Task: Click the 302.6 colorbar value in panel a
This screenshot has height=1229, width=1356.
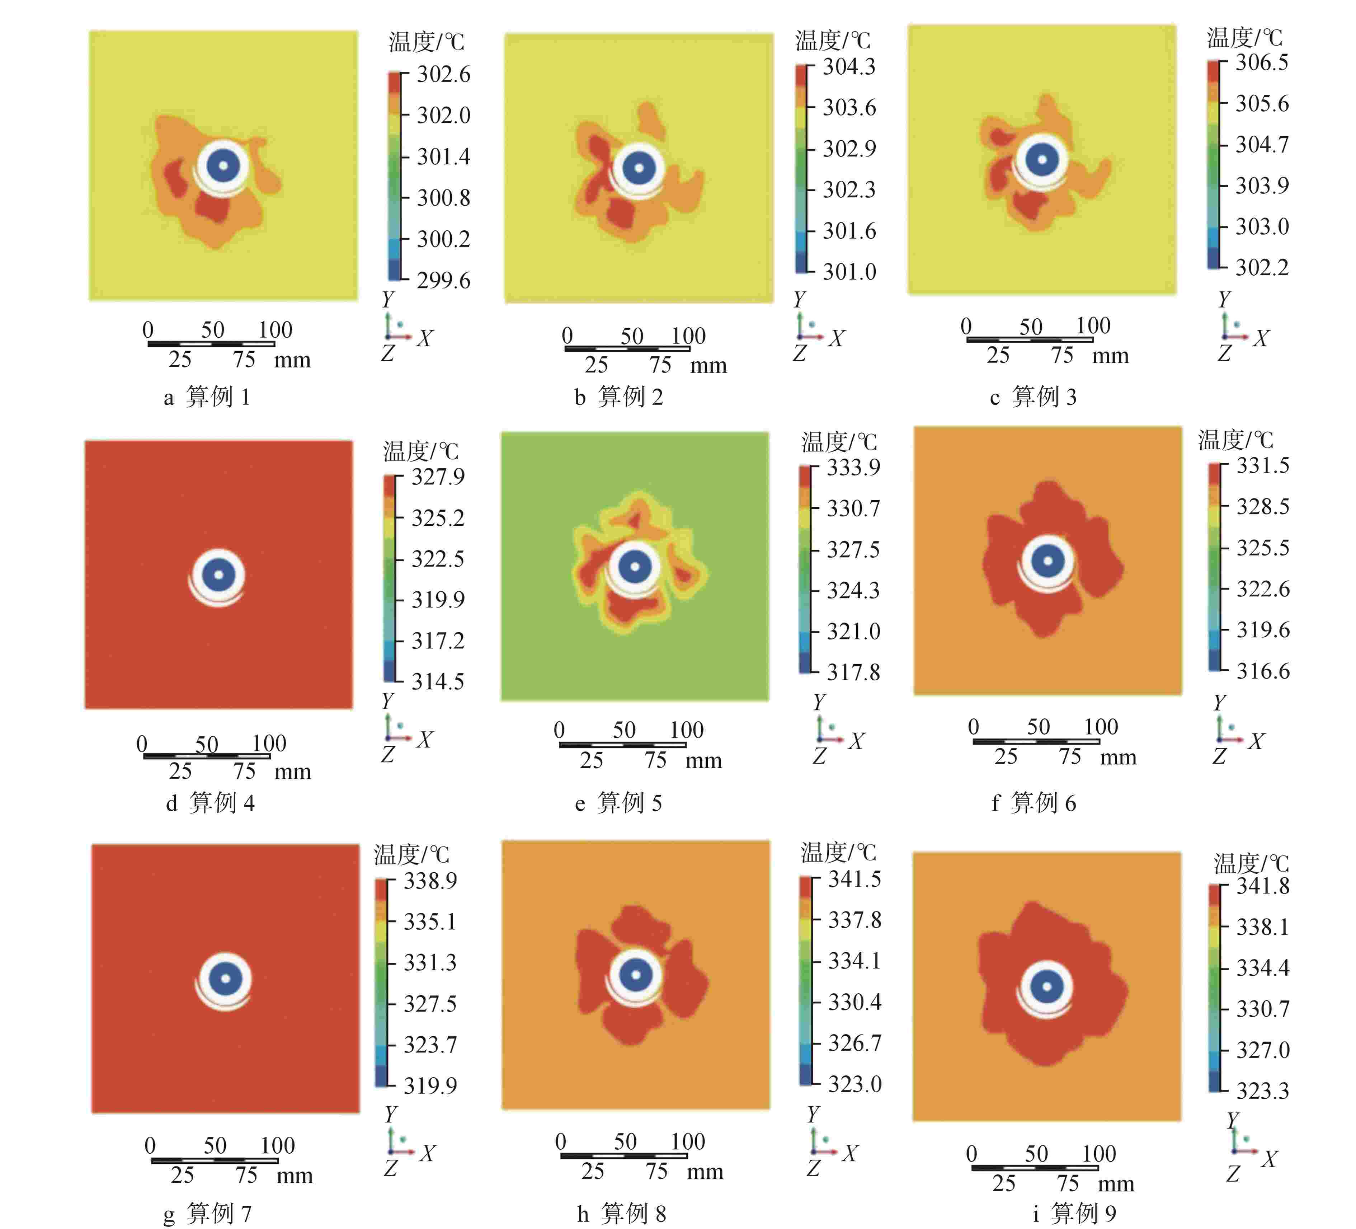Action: (443, 74)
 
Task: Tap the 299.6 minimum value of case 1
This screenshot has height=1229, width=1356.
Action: (443, 280)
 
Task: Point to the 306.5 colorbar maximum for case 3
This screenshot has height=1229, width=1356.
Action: (1262, 62)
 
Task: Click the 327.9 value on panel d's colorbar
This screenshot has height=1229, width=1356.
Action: (438, 477)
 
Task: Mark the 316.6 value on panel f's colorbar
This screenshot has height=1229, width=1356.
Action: (1262, 671)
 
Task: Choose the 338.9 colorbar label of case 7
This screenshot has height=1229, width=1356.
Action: (430, 881)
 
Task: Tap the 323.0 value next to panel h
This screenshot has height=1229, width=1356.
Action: (854, 1084)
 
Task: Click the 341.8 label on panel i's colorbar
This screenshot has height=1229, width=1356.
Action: (1262, 886)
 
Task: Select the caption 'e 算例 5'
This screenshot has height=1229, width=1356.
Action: (618, 802)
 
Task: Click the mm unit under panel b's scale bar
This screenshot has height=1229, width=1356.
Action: (708, 366)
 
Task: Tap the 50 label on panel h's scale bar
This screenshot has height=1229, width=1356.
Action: (625, 1141)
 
